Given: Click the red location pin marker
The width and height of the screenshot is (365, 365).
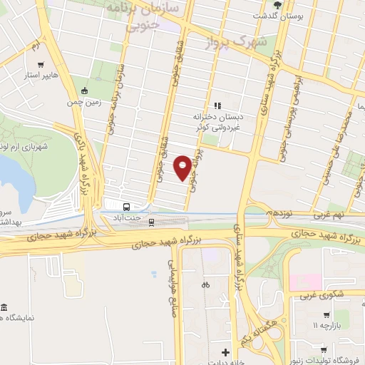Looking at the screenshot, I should click(183, 167).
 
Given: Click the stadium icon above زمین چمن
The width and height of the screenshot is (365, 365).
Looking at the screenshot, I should click(85, 91).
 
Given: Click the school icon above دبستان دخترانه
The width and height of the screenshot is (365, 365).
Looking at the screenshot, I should click(218, 106).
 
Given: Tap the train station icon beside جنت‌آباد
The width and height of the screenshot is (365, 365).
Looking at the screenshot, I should click(151, 222).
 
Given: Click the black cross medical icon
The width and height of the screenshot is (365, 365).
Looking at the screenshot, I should click(225, 351).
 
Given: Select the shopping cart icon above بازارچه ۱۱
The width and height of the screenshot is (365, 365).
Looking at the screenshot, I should click(326, 314).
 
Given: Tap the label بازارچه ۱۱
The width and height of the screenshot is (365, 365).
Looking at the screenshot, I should click(326, 326).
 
